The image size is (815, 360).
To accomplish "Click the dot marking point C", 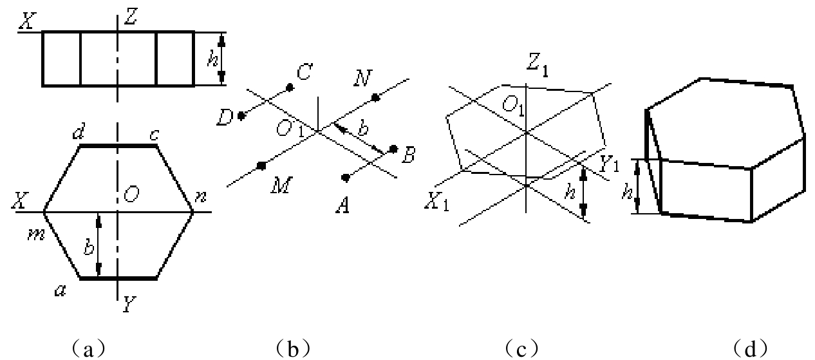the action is coord(290,88).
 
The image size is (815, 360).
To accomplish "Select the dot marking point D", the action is coord(241,116).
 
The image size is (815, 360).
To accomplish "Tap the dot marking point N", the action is coord(375,97).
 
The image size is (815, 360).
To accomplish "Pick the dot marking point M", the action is coord(261,166).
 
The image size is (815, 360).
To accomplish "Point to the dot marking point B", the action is coord(393,149).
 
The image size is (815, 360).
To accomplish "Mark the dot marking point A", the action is coord(346,178).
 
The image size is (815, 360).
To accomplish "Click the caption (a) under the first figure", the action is coord(88,348).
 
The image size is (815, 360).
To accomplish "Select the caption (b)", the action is coord(293,348).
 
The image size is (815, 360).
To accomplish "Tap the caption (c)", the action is coord(521,348).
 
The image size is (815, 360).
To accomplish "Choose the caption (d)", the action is coord(751,348).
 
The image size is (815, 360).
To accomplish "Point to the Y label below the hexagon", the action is coord(129,304).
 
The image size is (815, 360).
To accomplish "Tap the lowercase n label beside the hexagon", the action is coord(200,196).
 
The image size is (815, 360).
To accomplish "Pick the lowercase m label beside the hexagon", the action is coord(37,235).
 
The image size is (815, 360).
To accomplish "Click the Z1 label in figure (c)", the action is coord(537,66).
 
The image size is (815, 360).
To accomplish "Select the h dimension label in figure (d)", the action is coord(627,191).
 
